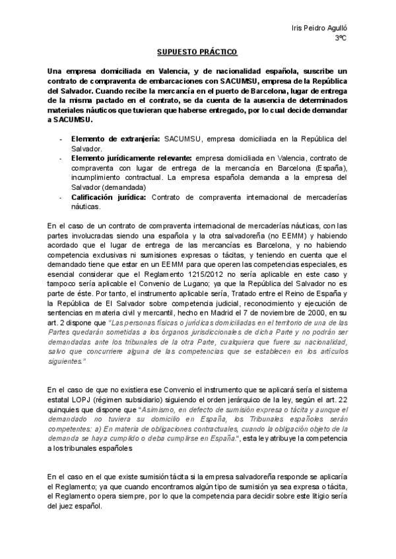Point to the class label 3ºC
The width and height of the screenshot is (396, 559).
pos(341,39)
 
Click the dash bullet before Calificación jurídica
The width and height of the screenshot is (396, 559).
pos(62,197)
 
